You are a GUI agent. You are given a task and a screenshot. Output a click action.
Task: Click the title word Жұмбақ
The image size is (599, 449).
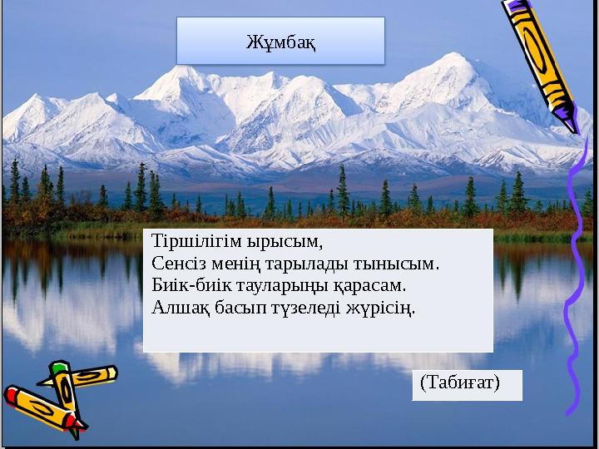click(x=280, y=41)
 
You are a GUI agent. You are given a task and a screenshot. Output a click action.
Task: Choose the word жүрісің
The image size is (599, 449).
click(x=383, y=307)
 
